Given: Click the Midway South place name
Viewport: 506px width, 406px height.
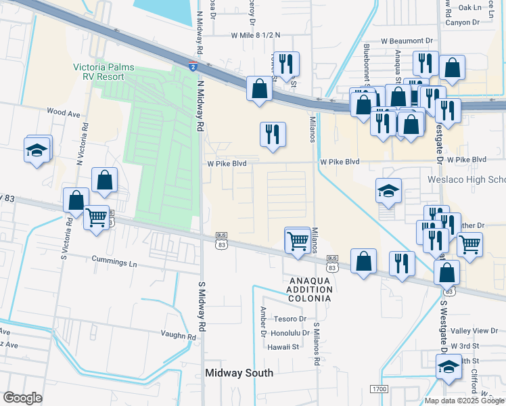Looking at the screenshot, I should (239, 373).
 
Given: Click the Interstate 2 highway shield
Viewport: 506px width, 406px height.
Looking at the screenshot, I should (193, 66).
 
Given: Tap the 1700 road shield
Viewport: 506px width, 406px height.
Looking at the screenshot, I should (379, 389).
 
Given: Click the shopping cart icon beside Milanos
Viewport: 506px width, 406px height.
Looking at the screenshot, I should (298, 241).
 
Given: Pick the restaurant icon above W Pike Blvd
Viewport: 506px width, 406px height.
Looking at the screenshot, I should (273, 133).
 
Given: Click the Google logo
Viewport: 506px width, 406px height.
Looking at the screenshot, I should (23, 398).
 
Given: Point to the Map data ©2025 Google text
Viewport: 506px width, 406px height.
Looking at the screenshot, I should (463, 401).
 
